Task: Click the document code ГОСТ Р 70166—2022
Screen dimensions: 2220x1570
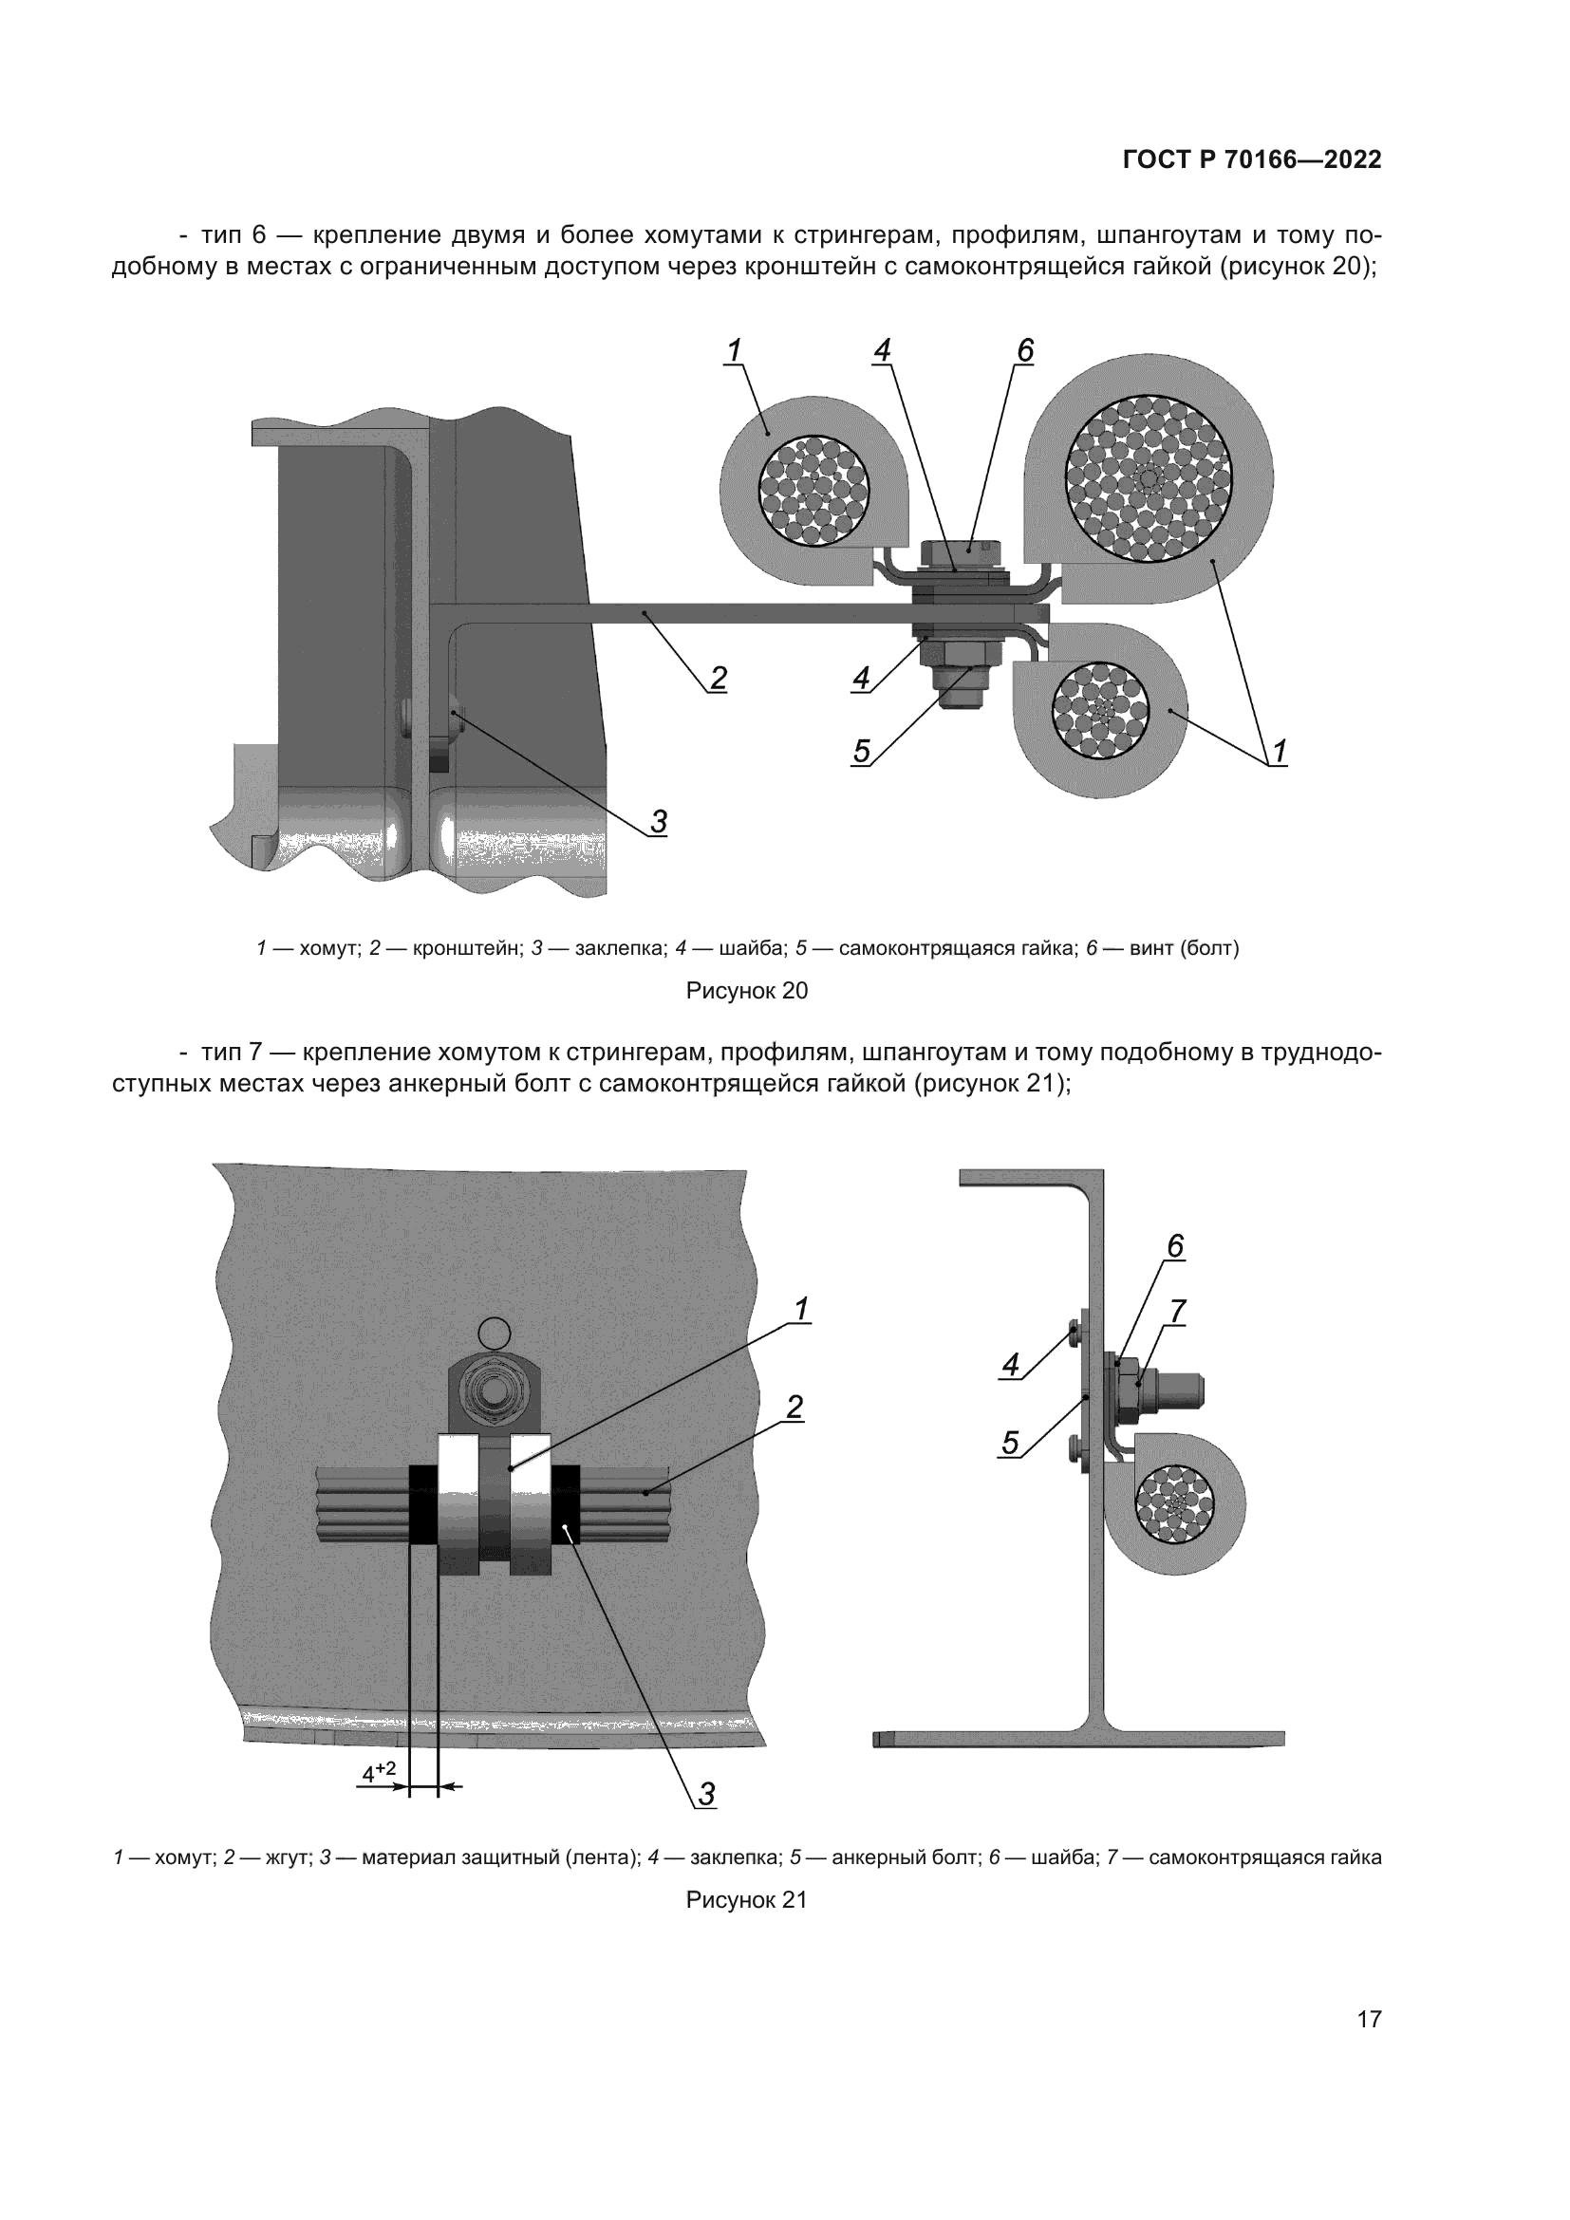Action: (1251, 160)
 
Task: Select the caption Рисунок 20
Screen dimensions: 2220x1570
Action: (746, 991)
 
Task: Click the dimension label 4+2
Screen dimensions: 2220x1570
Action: (379, 1772)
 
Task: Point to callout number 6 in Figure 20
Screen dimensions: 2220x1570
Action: (1025, 351)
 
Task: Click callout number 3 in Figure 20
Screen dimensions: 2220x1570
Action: (659, 822)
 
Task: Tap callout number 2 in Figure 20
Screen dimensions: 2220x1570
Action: (718, 679)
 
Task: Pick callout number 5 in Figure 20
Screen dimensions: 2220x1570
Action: (861, 752)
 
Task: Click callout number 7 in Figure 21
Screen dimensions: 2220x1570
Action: (1176, 1312)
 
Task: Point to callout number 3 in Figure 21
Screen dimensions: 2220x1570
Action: (707, 1795)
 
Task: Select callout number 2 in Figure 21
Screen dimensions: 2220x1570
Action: (794, 1407)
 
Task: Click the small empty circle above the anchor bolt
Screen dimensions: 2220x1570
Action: (494, 1334)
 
